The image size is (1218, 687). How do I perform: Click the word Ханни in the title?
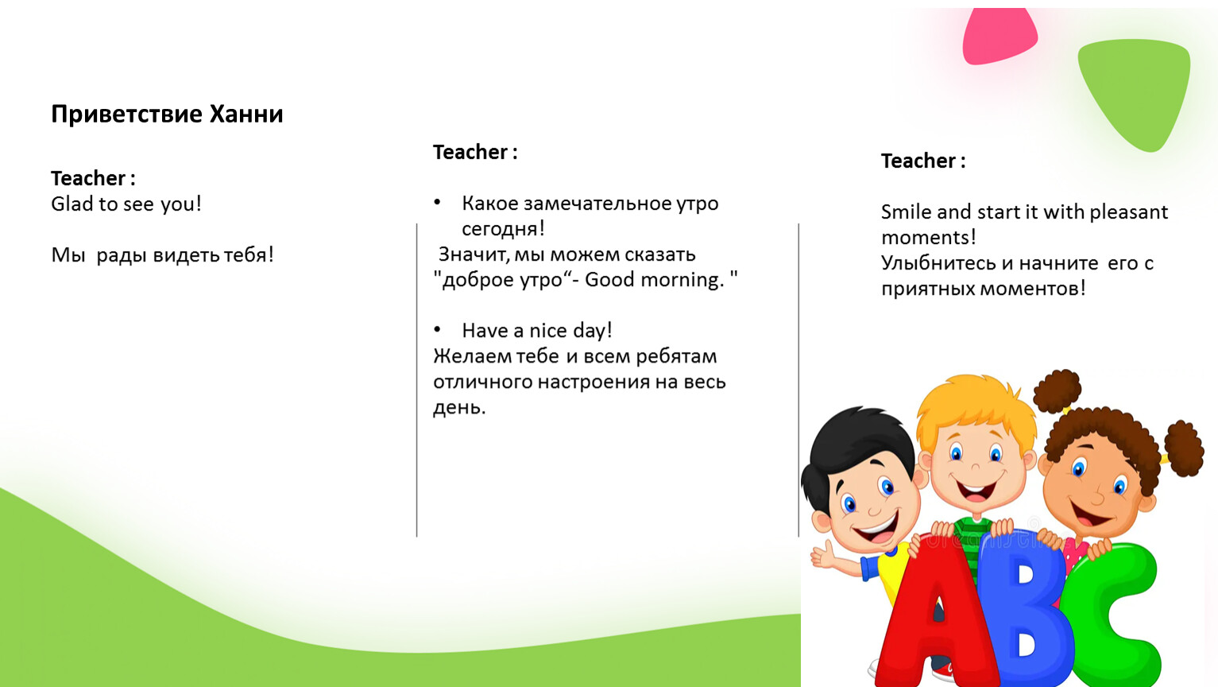(x=246, y=114)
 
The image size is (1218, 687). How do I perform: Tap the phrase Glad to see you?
(x=126, y=204)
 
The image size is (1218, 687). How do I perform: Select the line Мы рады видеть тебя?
(x=162, y=254)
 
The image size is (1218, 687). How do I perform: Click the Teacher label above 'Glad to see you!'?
(x=93, y=178)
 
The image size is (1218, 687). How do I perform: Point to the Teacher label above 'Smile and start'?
(x=922, y=161)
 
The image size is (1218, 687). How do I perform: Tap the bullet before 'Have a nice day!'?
(x=437, y=329)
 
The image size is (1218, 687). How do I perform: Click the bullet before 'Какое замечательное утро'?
(x=437, y=202)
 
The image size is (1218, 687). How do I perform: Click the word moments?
(x=928, y=238)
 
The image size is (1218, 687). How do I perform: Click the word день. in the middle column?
(x=459, y=407)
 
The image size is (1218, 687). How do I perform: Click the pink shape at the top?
(x=1000, y=36)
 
